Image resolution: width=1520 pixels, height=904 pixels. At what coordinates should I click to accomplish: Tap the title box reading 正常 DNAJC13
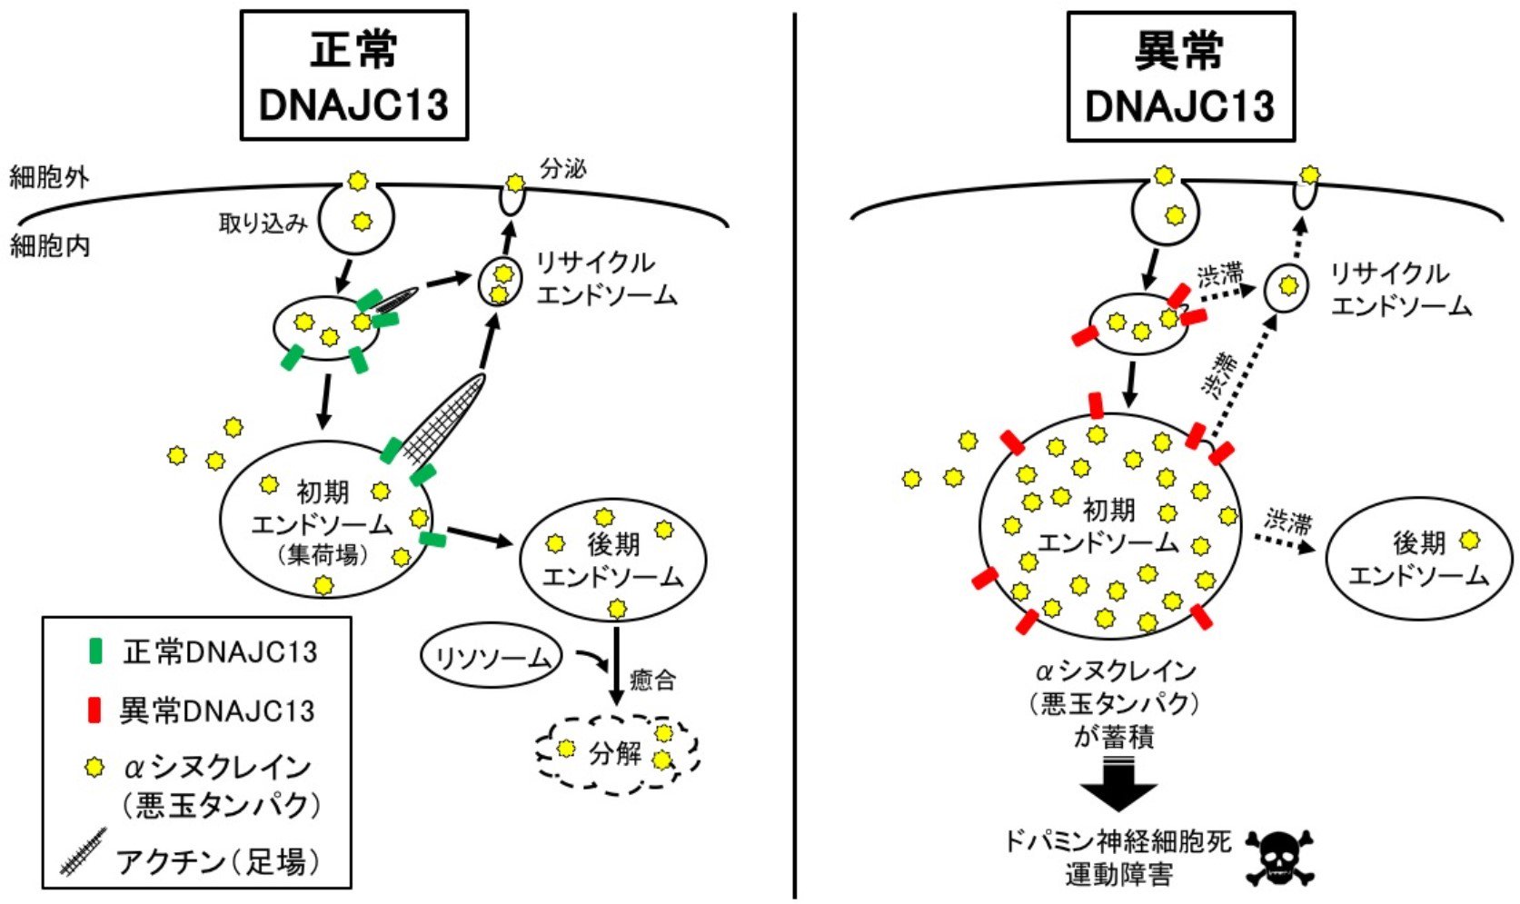pyautogui.click(x=354, y=75)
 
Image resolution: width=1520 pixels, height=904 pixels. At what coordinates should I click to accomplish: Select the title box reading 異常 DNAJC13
pyautogui.click(x=1180, y=76)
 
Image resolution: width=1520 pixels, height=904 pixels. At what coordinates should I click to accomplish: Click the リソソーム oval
pyautogui.click(x=492, y=656)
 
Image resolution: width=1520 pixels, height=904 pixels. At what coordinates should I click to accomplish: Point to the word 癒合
pyautogui.click(x=652, y=680)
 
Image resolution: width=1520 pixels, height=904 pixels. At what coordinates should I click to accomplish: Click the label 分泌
pyautogui.click(x=563, y=169)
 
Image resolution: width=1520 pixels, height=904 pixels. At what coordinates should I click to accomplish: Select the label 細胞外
pyautogui.click(x=49, y=176)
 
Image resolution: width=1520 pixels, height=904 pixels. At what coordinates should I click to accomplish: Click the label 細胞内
pyautogui.click(x=49, y=245)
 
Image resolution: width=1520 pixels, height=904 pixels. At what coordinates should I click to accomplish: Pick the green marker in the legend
pyautogui.click(x=94, y=651)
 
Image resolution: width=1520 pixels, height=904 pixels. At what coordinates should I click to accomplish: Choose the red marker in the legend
pyautogui.click(x=94, y=710)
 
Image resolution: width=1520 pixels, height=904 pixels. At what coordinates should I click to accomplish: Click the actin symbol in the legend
pyautogui.click(x=84, y=851)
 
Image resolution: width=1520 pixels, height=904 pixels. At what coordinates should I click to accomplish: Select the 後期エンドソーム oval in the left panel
pyautogui.click(x=612, y=560)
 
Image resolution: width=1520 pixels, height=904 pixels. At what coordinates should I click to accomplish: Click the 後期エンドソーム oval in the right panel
pyautogui.click(x=1419, y=560)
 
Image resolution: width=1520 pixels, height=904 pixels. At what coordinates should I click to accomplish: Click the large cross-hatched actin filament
pyautogui.click(x=442, y=422)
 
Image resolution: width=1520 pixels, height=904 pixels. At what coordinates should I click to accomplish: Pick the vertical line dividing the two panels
pyautogui.click(x=795, y=454)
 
